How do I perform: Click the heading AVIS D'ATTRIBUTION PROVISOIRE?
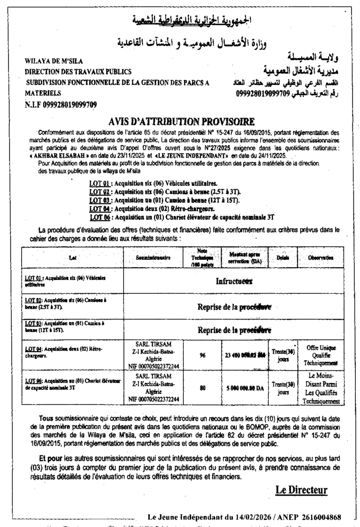(x=182, y=122)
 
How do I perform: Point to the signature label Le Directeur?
(x=301, y=490)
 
